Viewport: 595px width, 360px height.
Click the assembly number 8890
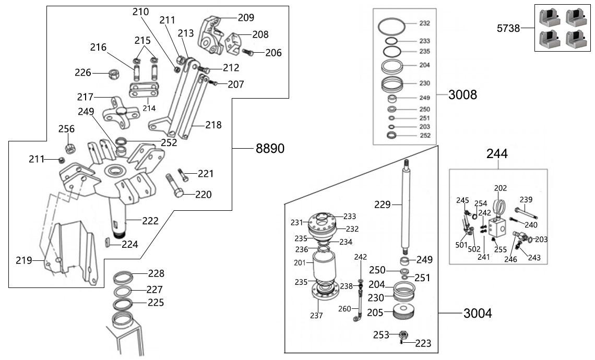pyautogui.click(x=269, y=149)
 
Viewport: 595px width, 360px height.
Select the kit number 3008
pyautogui.click(x=462, y=94)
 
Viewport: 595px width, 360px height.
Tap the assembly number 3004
pyautogui.click(x=477, y=314)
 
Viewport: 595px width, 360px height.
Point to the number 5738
pyautogui.click(x=508, y=29)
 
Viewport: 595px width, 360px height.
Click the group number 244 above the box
pyautogui.click(x=497, y=154)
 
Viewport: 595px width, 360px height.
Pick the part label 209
pyautogui.click(x=245, y=18)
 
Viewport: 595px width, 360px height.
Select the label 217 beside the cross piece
pyautogui.click(x=85, y=97)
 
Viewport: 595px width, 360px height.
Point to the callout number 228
pyautogui.click(x=156, y=273)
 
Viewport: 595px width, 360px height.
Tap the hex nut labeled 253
pyautogui.click(x=403, y=334)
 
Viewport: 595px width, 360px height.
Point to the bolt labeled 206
pyautogui.click(x=248, y=52)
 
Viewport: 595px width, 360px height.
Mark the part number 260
pyautogui.click(x=344, y=308)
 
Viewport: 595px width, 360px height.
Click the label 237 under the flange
pyautogui.click(x=316, y=315)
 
